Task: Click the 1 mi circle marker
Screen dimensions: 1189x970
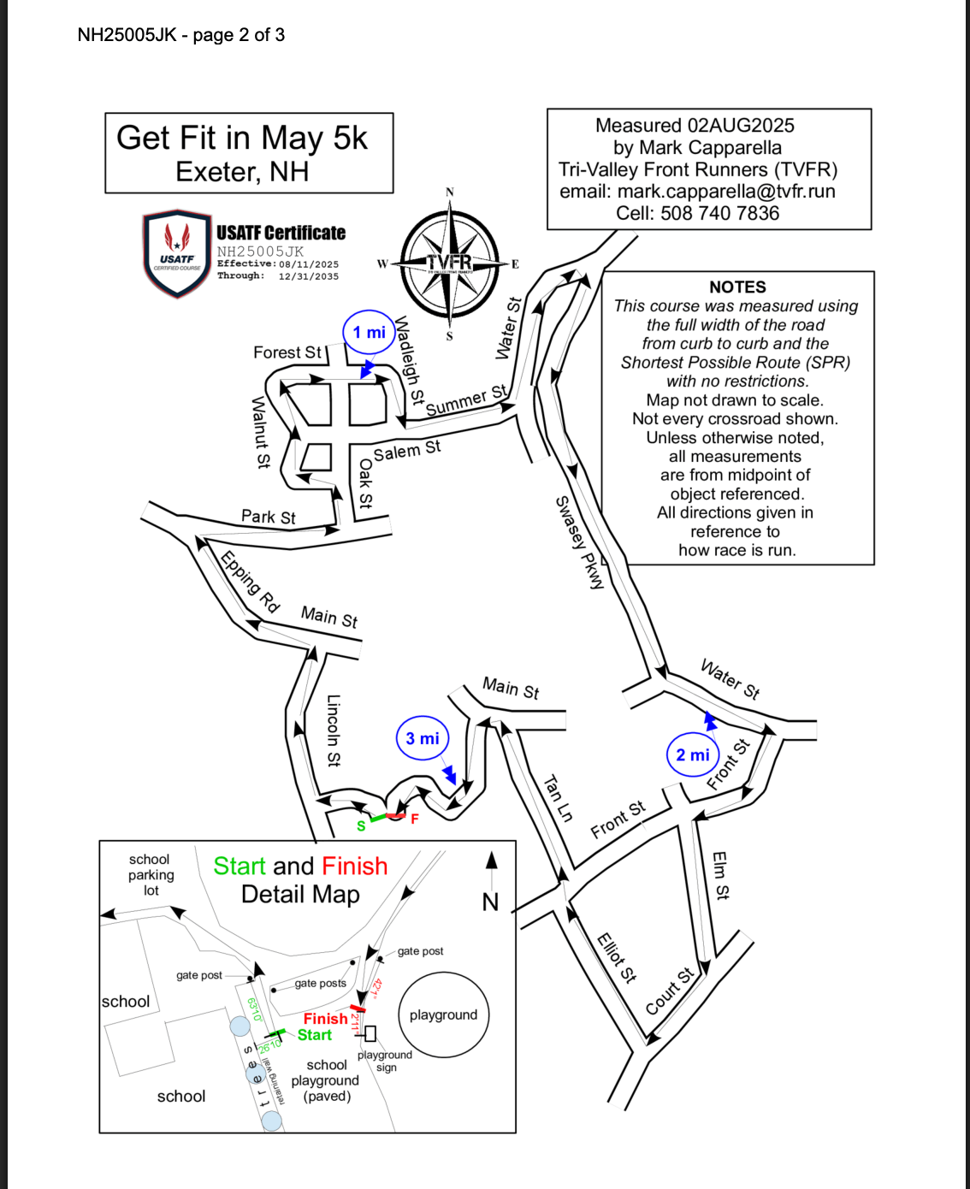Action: tap(369, 333)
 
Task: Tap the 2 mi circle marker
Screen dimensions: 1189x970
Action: tap(692, 754)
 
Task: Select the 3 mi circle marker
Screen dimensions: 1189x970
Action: tap(422, 738)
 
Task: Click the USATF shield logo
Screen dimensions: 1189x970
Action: tap(177, 254)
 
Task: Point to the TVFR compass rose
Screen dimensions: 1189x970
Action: tap(450, 263)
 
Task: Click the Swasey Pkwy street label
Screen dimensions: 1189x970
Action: tap(579, 542)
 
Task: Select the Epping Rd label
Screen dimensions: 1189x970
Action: tap(250, 582)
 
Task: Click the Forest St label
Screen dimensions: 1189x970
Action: tap(287, 352)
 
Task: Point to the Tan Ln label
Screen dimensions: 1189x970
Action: tap(559, 798)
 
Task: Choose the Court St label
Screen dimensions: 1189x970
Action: tap(670, 991)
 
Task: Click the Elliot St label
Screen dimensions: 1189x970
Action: tap(617, 957)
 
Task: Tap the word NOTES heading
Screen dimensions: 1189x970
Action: tap(737, 287)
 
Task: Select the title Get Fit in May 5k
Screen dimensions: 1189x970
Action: tap(242, 138)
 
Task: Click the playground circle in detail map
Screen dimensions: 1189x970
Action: tap(443, 1015)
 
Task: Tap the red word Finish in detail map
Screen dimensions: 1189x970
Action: tap(325, 1019)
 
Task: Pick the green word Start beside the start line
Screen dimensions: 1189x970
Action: tap(314, 1035)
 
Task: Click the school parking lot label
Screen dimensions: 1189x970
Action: tap(151, 874)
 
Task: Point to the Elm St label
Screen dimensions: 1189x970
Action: tap(720, 875)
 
